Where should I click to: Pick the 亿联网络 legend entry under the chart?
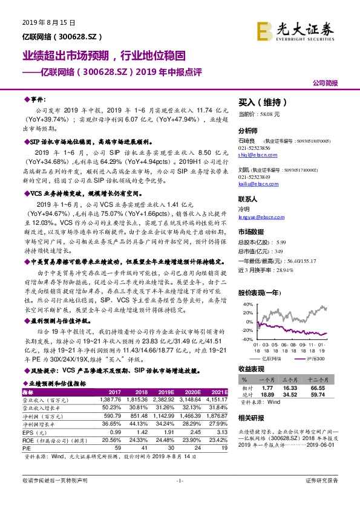(277, 358)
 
